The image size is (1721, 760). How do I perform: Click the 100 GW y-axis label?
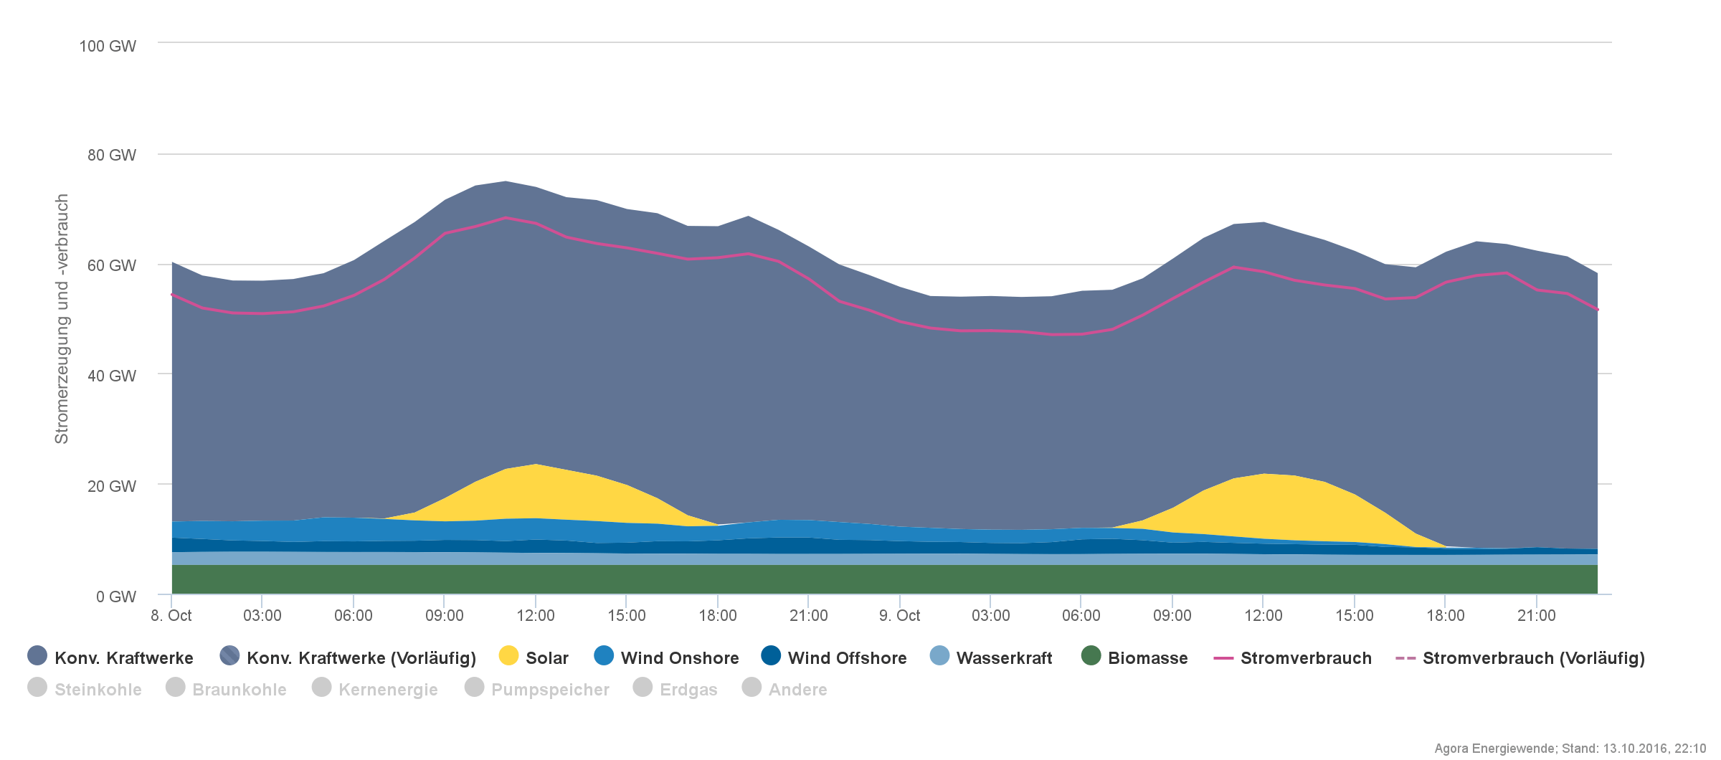coord(108,47)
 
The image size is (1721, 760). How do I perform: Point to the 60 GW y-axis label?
coord(112,266)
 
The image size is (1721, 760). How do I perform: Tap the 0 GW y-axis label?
coord(116,597)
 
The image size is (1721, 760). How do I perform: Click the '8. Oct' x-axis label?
coord(171,616)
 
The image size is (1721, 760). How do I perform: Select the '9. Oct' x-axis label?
coord(899,616)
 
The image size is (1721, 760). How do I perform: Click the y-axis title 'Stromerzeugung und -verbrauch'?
coord(62,319)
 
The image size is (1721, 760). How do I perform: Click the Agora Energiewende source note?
coord(1570,749)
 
